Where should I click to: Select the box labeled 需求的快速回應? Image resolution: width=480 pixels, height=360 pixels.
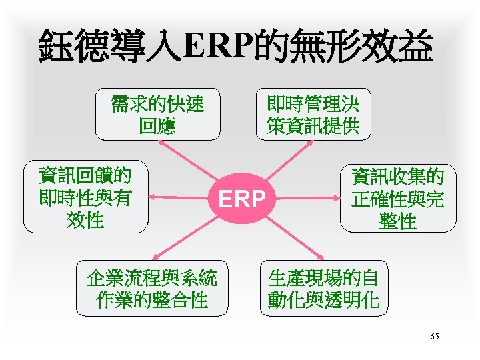(x=157, y=115)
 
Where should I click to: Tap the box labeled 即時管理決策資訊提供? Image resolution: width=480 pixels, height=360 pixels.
(x=313, y=115)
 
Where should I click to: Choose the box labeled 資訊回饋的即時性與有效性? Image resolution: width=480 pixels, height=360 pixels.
(x=85, y=197)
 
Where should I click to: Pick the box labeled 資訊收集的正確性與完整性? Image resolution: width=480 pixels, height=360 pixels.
(x=398, y=198)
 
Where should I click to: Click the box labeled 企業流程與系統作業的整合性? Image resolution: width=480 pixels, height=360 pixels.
(x=152, y=289)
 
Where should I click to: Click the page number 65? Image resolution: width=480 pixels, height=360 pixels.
(x=435, y=337)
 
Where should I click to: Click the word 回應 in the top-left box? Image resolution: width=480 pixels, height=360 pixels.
(x=157, y=125)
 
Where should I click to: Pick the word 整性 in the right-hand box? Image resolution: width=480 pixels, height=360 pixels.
(x=398, y=221)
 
